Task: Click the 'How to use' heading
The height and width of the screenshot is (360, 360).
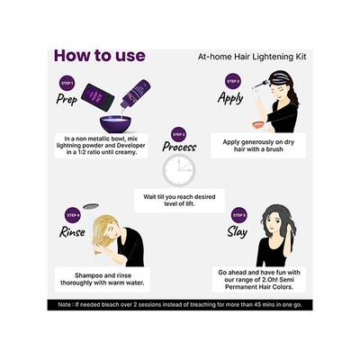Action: point(99,56)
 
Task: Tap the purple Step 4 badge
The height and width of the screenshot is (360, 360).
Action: point(72,215)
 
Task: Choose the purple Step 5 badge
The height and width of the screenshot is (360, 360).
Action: point(239,214)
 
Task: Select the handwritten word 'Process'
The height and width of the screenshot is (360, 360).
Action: point(179,147)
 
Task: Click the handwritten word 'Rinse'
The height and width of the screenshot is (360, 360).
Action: point(71,231)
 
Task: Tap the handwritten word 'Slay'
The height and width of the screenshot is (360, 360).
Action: point(238,231)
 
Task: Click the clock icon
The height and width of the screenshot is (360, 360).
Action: point(178,170)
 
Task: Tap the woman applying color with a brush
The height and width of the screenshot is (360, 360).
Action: point(279,103)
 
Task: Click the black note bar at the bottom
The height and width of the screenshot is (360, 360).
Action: point(180,305)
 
